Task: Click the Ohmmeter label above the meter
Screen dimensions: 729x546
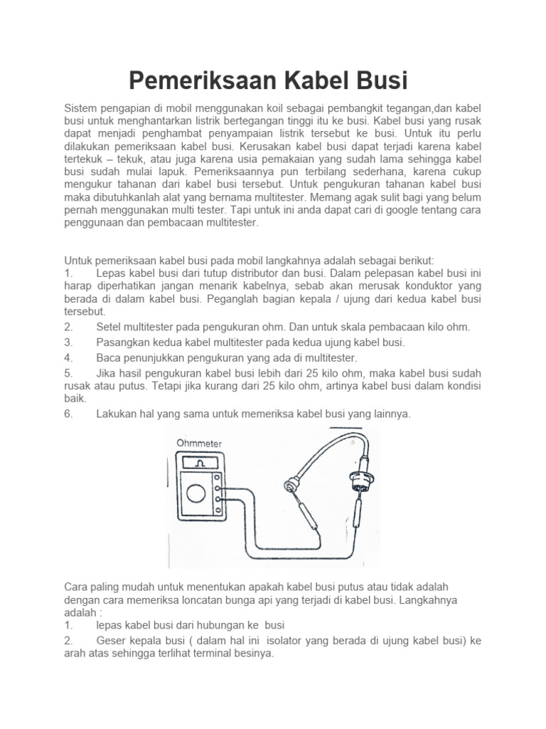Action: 200,444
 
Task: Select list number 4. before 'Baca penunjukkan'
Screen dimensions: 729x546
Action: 69,357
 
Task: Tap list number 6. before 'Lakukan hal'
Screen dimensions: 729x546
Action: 69,414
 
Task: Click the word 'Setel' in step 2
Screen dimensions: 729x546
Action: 109,327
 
